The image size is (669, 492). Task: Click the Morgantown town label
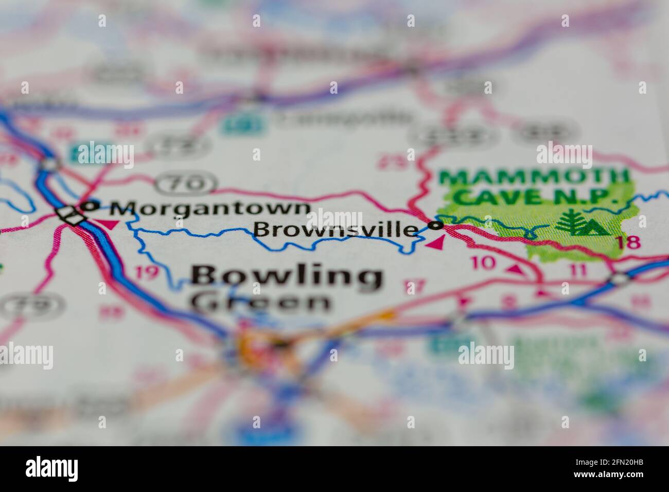[210, 209]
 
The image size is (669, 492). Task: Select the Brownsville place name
[336, 230]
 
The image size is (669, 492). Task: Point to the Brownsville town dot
[437, 225]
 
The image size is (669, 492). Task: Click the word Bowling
[287, 277]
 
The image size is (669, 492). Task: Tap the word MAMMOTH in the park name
[533, 178]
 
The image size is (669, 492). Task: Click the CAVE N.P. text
[537, 196]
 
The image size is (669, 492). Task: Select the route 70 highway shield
[186, 183]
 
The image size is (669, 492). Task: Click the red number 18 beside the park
[630, 242]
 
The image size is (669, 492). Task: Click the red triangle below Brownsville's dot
[436, 242]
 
